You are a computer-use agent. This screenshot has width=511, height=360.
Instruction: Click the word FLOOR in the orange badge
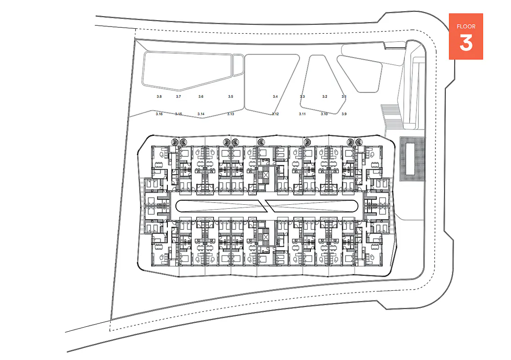466,26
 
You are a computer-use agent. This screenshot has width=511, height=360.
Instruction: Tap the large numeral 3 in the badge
466,43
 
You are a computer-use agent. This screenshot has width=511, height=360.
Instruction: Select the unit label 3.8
159,97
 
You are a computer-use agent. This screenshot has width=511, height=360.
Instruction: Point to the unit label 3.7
179,97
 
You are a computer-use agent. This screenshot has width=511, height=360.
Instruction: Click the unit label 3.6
201,97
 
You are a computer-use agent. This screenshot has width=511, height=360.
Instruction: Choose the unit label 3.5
231,97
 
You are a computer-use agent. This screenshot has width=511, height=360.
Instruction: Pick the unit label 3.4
275,97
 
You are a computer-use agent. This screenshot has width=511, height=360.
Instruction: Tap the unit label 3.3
302,97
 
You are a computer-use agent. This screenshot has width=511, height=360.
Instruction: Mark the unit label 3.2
325,97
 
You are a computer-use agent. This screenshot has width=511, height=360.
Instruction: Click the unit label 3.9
344,114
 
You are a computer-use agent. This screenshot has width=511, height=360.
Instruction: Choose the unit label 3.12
275,114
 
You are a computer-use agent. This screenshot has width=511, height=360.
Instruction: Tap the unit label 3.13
231,114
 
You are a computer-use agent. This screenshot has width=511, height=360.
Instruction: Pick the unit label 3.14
201,114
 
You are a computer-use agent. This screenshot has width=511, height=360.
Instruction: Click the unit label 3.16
159,114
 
